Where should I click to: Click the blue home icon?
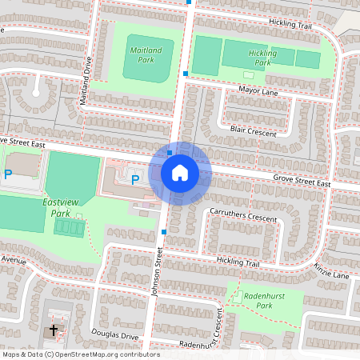[180, 173]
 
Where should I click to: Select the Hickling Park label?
[262, 58]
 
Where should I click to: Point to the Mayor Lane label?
[258, 91]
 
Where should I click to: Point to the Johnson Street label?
[158, 272]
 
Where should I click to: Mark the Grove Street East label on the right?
[302, 182]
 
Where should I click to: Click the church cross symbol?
[54, 330]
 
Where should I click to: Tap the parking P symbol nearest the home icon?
[135, 179]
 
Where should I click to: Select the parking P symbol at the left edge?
[8, 174]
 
